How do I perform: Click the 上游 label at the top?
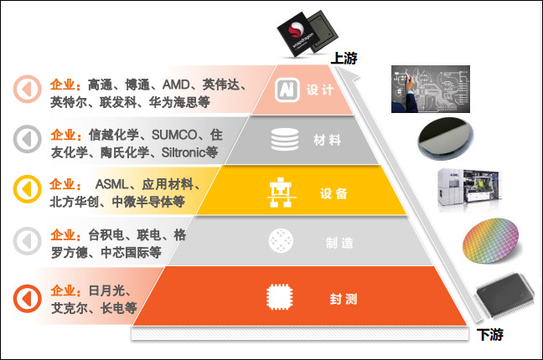pyautogui.click(x=346, y=58)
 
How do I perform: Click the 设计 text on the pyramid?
pyautogui.click(x=320, y=90)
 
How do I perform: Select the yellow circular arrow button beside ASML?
pyautogui.click(x=27, y=192)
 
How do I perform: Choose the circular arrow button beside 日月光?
pyautogui.click(x=27, y=296)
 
